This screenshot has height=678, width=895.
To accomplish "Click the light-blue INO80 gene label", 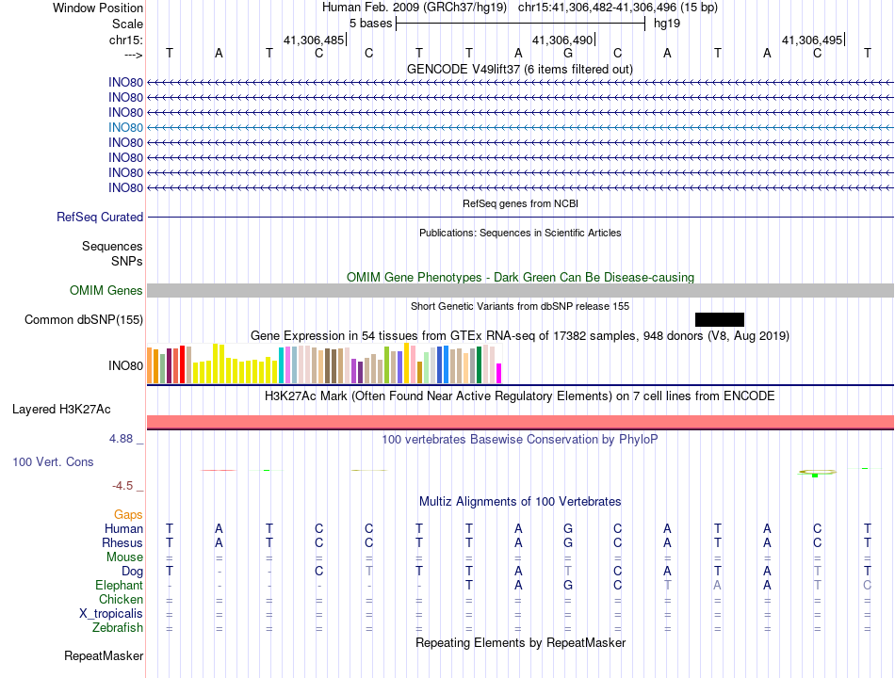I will pyautogui.click(x=125, y=127).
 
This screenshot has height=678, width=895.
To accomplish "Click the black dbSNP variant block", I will pyautogui.click(x=720, y=319).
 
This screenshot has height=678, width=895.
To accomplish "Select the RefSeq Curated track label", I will pyautogui.click(x=100, y=217).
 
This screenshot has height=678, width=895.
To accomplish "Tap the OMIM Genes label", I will pyautogui.click(x=106, y=291).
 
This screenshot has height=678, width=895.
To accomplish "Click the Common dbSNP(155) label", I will pyautogui.click(x=84, y=320).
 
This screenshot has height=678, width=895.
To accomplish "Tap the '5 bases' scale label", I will pyautogui.click(x=370, y=23).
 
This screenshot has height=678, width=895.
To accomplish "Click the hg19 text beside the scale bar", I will pyautogui.click(x=667, y=23).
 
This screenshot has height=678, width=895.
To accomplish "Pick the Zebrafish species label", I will pyautogui.click(x=118, y=627).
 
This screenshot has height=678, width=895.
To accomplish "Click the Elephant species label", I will pyautogui.click(x=119, y=585).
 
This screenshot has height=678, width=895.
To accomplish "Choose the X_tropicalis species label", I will pyautogui.click(x=111, y=613).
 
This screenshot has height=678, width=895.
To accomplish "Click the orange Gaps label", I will pyautogui.click(x=128, y=514).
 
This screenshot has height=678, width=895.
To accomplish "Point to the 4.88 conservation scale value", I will pyautogui.click(x=124, y=439).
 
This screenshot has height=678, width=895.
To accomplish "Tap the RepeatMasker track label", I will pyautogui.click(x=104, y=655).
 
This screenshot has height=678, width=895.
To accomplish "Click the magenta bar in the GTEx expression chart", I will pyautogui.click(x=499, y=373).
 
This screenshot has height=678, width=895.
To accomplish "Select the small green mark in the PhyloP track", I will pyautogui.click(x=814, y=476).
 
